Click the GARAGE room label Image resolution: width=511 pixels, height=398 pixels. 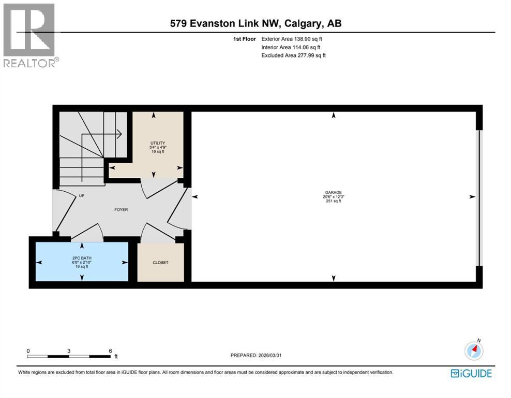coord(334,193)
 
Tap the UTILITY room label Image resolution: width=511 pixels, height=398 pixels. coord(158,143)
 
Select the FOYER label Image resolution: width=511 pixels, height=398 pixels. coord(121,209)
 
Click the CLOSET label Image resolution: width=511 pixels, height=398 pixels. coord(161,263)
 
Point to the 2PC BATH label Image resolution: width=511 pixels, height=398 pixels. coord(82,258)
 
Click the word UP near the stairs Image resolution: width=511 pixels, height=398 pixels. coord(82,195)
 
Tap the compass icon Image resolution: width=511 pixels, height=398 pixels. coord(474,350)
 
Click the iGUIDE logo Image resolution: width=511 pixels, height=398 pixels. coord(471,374)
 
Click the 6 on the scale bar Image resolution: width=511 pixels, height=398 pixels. coord(111,351)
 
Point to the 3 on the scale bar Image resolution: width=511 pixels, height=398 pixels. coord(69,351)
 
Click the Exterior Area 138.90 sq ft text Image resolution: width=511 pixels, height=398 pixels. coord(292,39)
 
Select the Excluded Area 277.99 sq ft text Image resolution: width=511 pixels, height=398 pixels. coord(294,55)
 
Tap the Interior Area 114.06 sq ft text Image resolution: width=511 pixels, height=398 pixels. coord(291,47)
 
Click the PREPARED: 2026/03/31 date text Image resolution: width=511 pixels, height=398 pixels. coord(256,355)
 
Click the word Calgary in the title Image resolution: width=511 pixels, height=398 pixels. coord(302,23)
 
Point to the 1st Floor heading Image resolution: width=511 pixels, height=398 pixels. coord(245,39)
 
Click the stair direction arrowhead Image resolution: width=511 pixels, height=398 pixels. coord(119,134)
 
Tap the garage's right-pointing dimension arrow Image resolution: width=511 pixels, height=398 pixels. coord(472,197)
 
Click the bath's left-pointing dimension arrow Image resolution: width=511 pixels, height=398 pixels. coord(39,263)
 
